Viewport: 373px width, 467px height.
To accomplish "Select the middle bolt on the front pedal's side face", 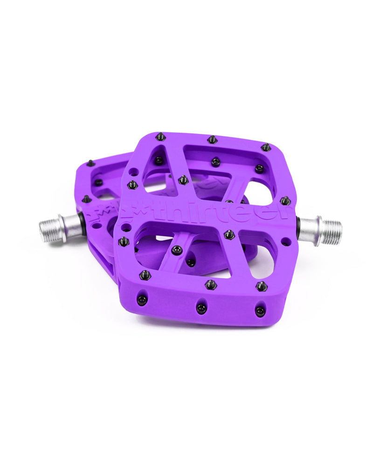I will pos(201,308).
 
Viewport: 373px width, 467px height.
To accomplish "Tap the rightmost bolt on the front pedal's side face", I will pos(260,310).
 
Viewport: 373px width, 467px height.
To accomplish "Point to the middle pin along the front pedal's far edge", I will pos(213,139).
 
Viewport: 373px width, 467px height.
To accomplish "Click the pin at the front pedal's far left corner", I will pos(160,136).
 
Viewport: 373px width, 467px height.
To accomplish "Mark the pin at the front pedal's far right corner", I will pos(266,147).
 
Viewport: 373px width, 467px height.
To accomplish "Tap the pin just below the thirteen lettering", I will pos(229,234).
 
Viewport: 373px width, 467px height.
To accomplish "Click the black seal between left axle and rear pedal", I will pos(83,224).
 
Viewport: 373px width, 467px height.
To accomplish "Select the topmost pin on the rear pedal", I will pos(90,163).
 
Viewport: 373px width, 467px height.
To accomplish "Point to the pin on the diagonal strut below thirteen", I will pos(176,250).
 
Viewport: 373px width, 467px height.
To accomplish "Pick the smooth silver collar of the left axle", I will pos(71,226).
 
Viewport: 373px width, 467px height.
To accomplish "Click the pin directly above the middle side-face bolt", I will pos(211,284).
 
